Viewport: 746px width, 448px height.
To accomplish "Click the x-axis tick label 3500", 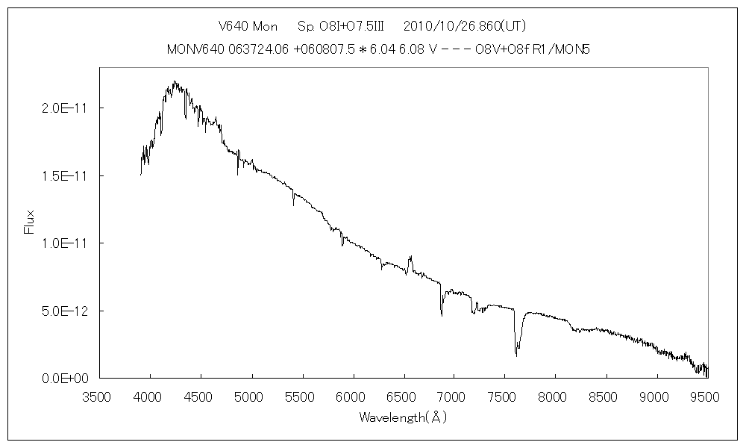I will pos(99,396).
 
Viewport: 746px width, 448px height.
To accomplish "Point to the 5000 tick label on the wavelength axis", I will pos(251,396).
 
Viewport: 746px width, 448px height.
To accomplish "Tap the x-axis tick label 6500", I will pos(404,396).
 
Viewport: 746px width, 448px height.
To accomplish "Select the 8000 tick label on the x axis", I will pos(555,396).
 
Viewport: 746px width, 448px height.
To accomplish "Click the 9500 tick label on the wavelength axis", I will pos(706,396).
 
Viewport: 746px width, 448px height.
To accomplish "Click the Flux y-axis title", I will pos(30,222).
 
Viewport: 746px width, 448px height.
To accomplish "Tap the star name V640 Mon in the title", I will pos(248,27).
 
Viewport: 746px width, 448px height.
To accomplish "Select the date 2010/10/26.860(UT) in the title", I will pos(465,27).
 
